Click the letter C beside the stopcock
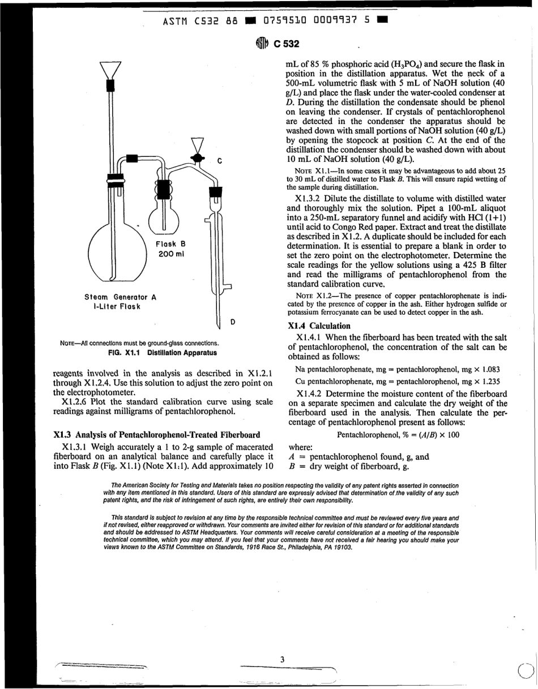pos(219,161)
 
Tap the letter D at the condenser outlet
pos(232,322)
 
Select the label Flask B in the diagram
pos(170,245)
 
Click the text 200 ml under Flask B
pos(171,254)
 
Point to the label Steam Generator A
pos(120,297)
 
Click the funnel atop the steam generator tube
pos(111,69)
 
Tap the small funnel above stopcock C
pos(197,146)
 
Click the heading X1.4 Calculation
pos(318,326)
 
